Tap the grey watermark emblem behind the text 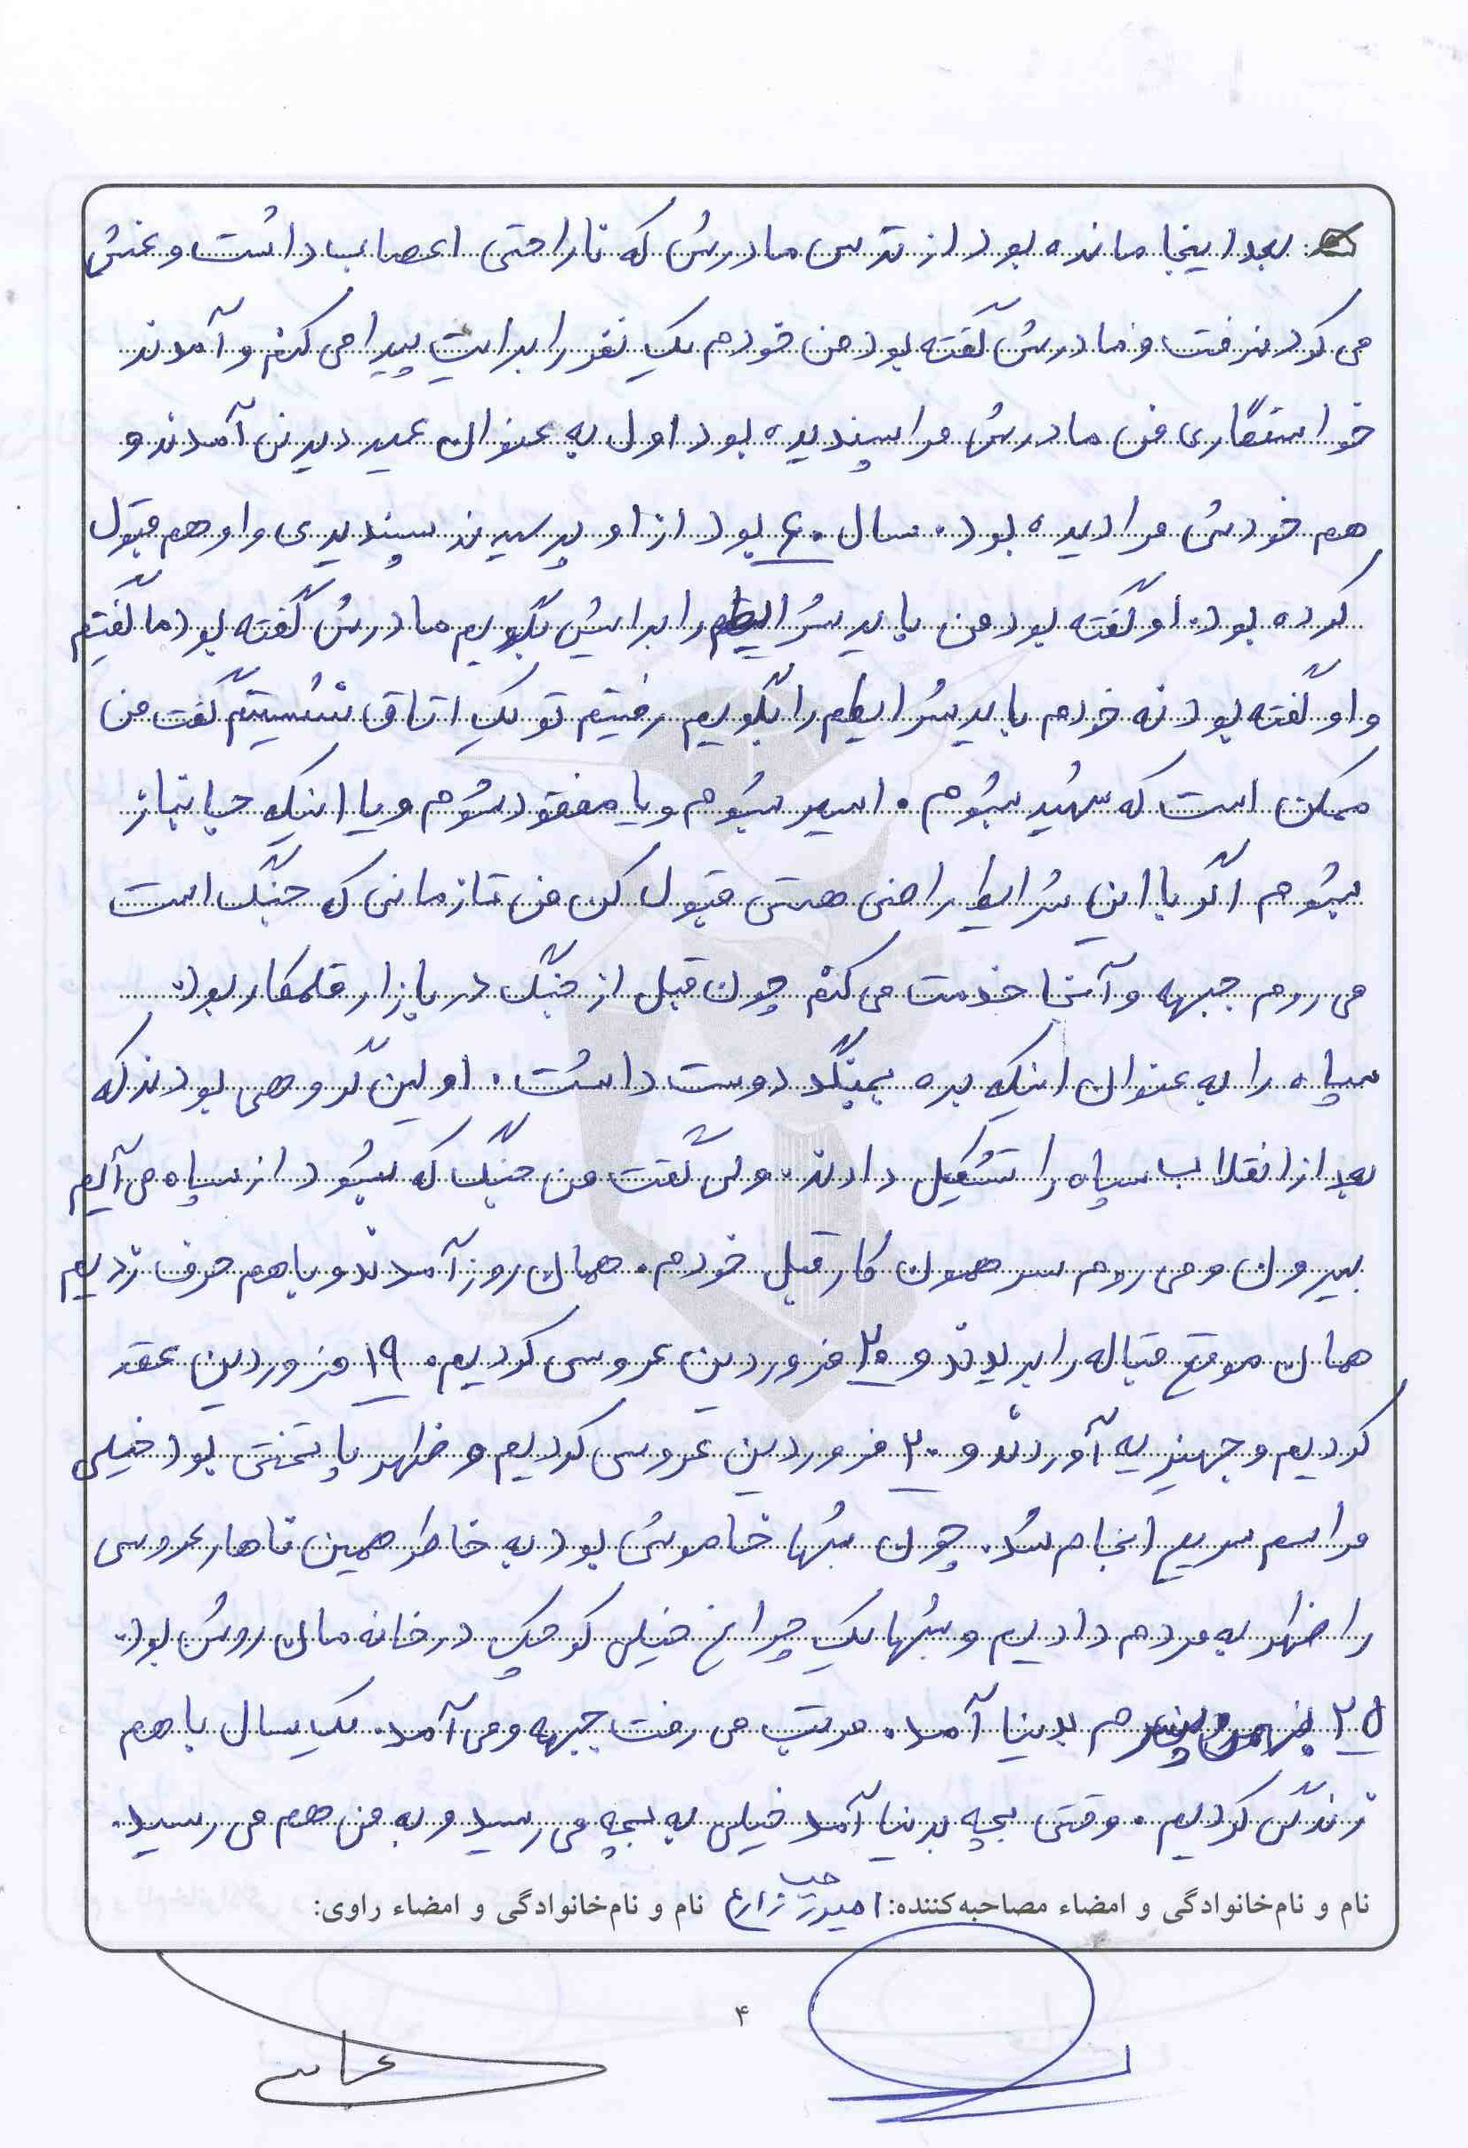[749, 1017]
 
